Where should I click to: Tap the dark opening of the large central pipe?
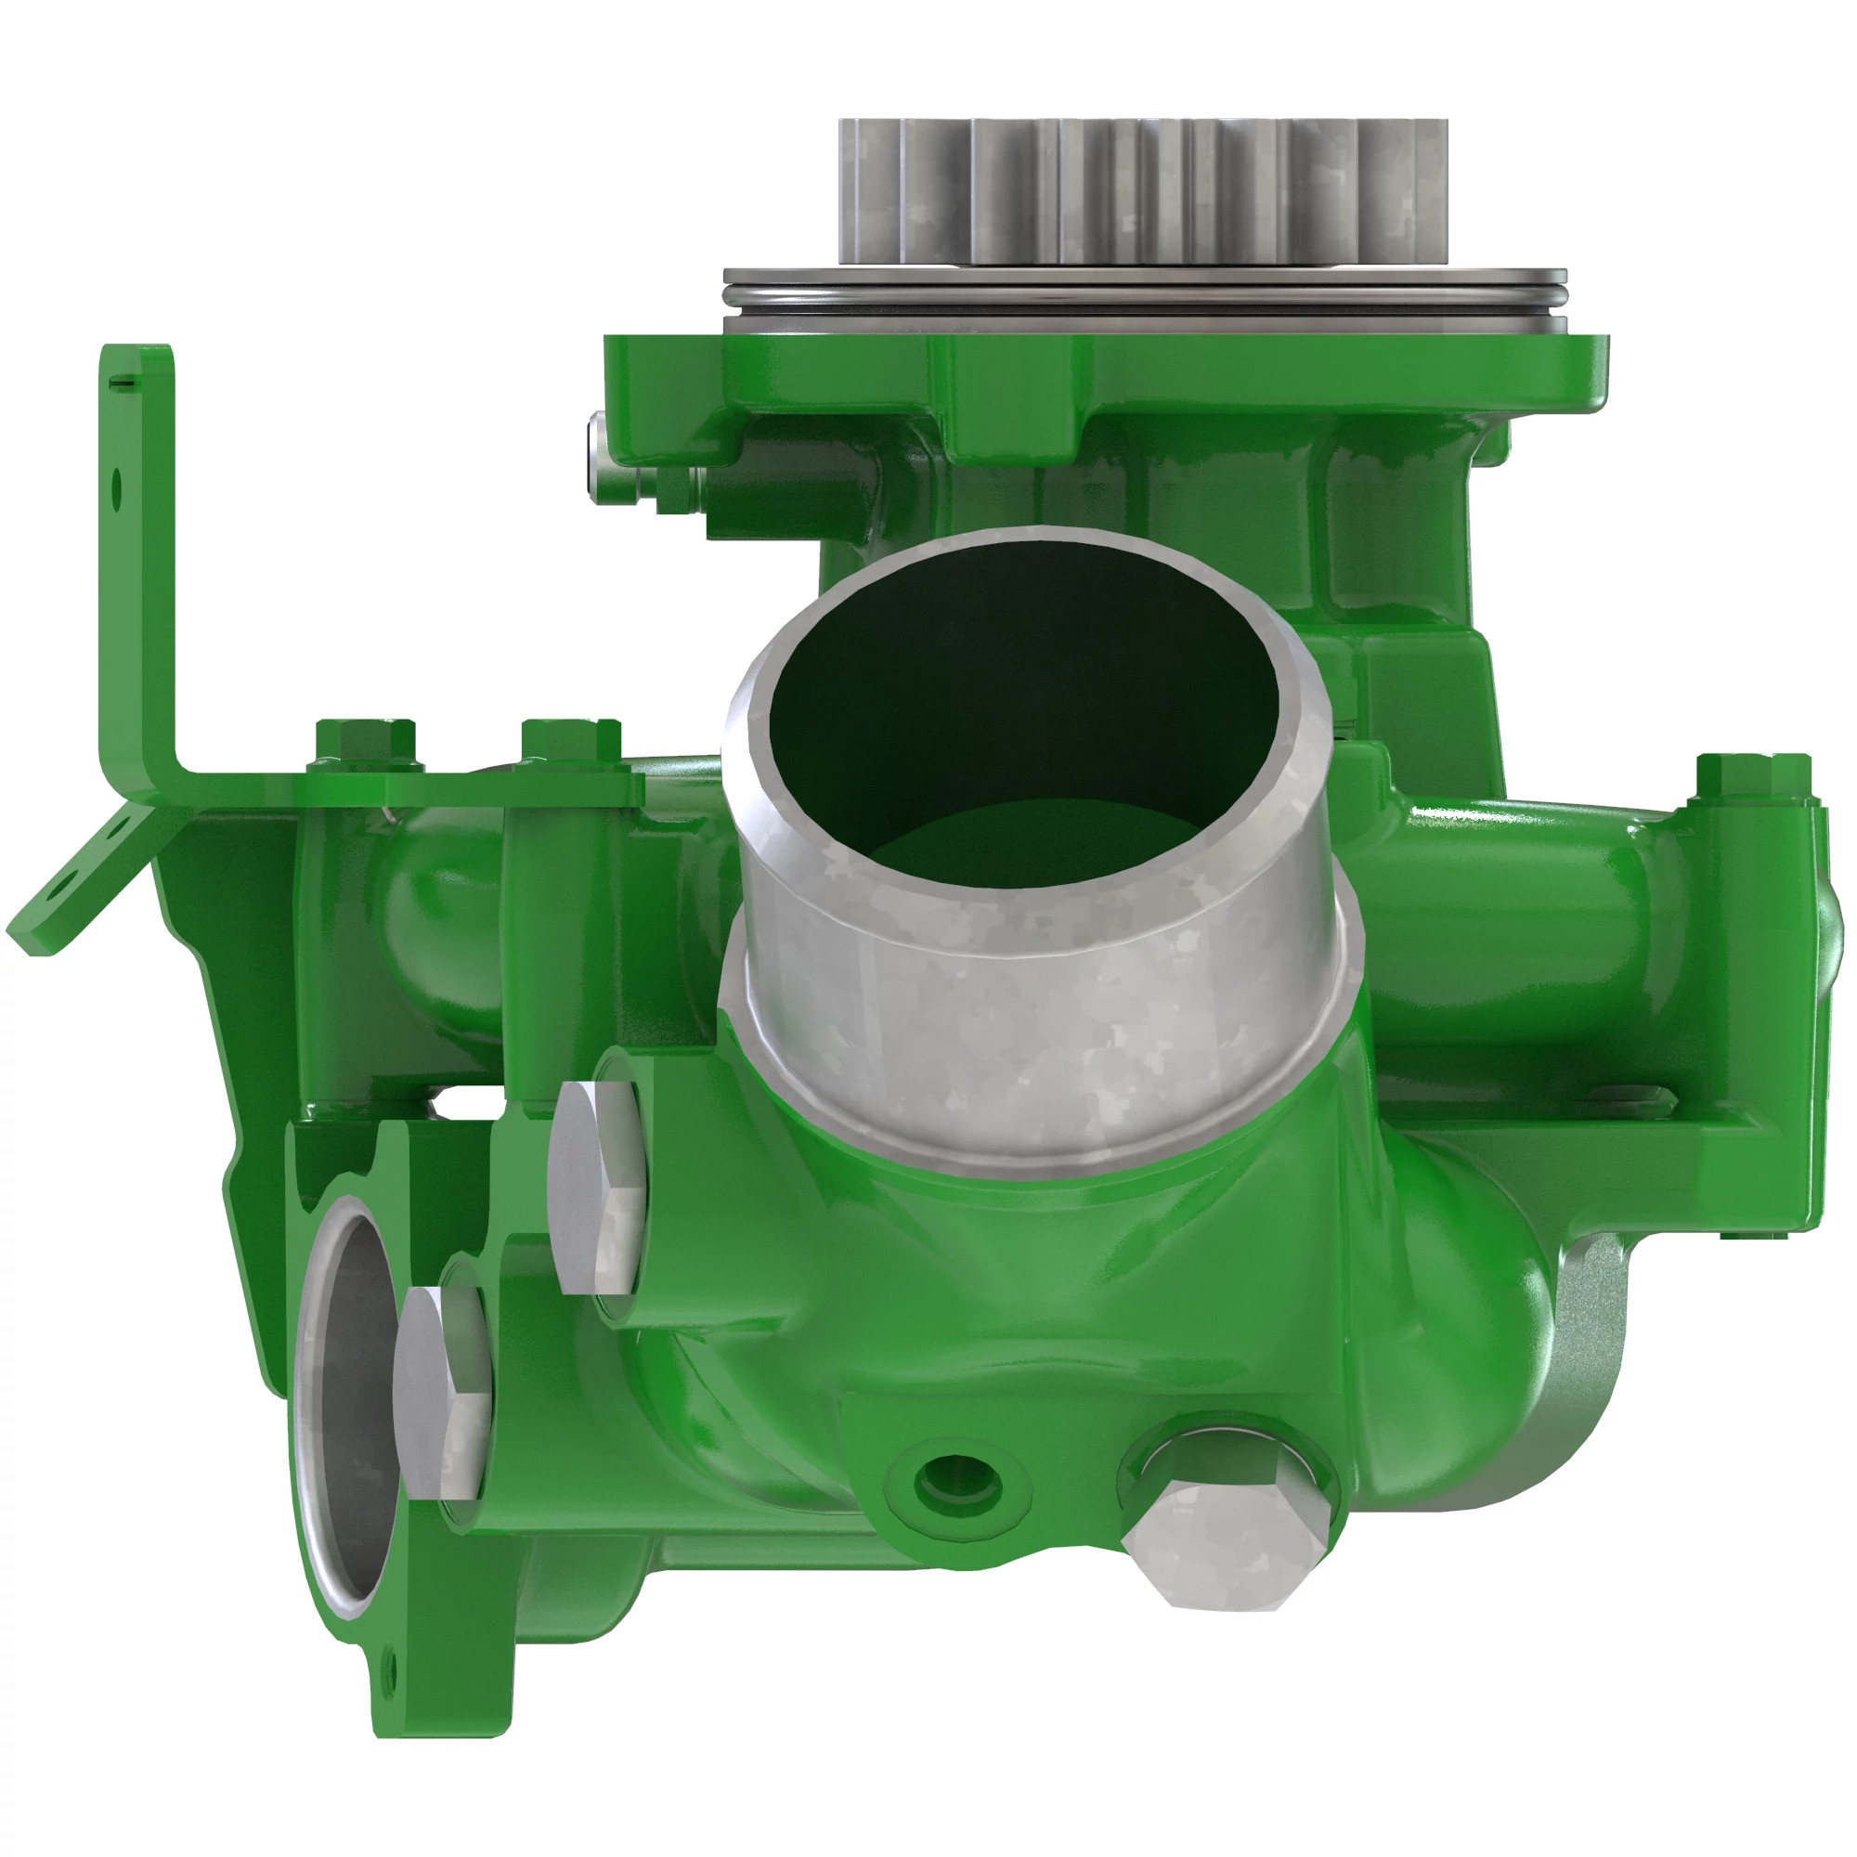coord(1019,702)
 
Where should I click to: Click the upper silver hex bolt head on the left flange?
coord(596,1187)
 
